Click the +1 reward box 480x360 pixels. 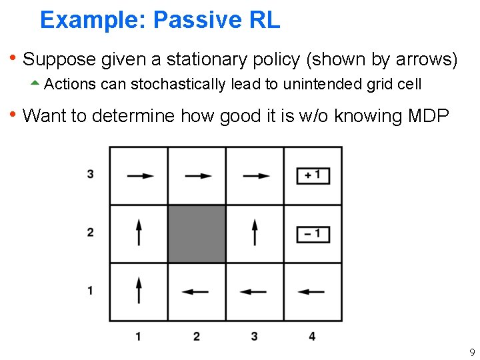click(313, 175)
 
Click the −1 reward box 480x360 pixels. click(313, 233)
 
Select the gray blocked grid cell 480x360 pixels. click(196, 233)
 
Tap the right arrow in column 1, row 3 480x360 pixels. click(140, 176)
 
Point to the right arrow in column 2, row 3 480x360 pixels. click(198, 176)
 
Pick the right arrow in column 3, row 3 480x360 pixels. click(256, 176)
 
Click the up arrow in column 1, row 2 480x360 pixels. click(139, 233)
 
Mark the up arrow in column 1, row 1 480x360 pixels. click(139, 291)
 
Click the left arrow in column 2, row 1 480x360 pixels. click(195, 291)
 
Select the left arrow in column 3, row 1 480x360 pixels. click(253, 291)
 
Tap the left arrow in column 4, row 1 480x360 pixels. click(311, 291)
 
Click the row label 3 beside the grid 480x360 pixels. click(90, 175)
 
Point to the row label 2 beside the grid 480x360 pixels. click(90, 233)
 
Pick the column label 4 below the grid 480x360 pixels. click(312, 336)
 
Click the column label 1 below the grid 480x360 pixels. click(138, 336)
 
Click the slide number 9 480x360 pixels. click(471, 351)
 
